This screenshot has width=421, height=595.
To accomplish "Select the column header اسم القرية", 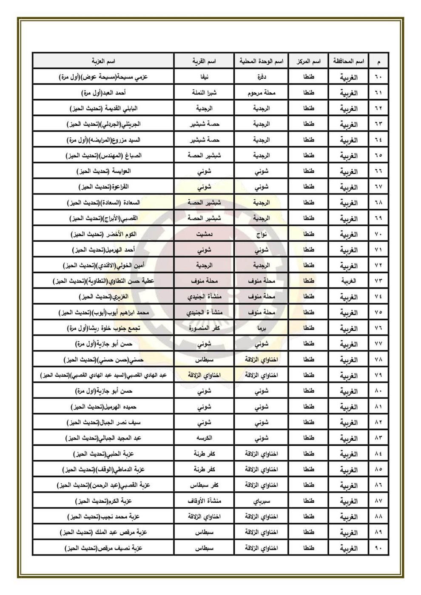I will point(205,62).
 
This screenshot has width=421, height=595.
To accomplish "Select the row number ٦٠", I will point(378,78).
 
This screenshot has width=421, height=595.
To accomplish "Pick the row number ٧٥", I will point(378,313).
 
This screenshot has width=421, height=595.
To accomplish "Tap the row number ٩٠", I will point(378,548).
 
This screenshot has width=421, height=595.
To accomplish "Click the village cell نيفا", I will point(205,78).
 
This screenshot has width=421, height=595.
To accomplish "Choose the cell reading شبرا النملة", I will point(205,93).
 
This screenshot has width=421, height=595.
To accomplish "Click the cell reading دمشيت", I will point(205,235).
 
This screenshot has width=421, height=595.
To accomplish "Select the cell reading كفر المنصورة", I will point(205,329).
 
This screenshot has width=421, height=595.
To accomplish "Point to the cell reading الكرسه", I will point(205,438).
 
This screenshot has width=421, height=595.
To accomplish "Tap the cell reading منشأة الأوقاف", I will point(205,501).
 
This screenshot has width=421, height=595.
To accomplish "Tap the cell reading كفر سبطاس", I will point(205,485).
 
